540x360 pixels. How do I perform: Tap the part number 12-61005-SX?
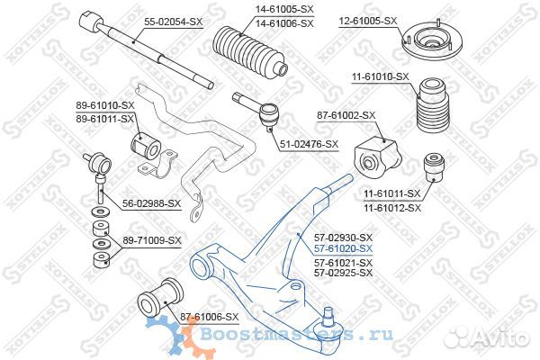pos(366,20)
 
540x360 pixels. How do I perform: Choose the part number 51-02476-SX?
pos(308,144)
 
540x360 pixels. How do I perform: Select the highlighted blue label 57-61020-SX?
pos(343,247)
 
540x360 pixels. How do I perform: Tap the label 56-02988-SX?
pos(150,203)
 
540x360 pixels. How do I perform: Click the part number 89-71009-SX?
pos(151,241)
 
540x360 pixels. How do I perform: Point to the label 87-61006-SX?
pos(209,317)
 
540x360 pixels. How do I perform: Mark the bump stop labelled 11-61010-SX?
pos(434,108)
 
